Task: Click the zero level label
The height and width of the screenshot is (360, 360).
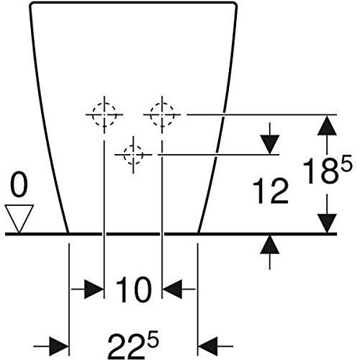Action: coord(19,186)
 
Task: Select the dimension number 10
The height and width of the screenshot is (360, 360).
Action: coord(134,289)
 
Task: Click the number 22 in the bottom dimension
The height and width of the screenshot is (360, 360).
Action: coord(127,347)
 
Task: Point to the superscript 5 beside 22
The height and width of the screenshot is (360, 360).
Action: coord(153,339)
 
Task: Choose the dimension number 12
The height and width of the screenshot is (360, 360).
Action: coord(271,192)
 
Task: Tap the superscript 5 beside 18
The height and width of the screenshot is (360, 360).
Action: coord(346,163)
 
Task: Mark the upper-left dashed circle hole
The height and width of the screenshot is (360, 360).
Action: coord(104,114)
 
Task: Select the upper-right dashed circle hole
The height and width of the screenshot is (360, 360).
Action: coord(162,114)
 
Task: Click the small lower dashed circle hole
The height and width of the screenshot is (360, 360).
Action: coord(133,155)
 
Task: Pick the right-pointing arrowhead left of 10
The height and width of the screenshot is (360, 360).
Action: coord(94,289)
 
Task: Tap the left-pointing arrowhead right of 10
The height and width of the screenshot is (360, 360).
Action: coord(172,289)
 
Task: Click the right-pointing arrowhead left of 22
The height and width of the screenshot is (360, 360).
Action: coord(59,346)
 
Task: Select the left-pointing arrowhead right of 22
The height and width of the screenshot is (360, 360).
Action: coord(207,346)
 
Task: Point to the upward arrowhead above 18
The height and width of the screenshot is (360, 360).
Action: coord(327,125)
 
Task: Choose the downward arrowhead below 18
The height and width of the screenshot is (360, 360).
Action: coord(327,223)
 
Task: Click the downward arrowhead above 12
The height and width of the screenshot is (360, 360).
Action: coord(270,145)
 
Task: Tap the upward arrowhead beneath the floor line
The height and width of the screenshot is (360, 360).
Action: coord(270,244)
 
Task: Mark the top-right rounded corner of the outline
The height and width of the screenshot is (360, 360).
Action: coord(234,5)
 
